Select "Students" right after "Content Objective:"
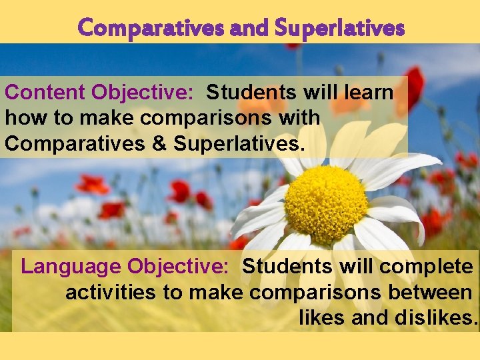tap(254, 93)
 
